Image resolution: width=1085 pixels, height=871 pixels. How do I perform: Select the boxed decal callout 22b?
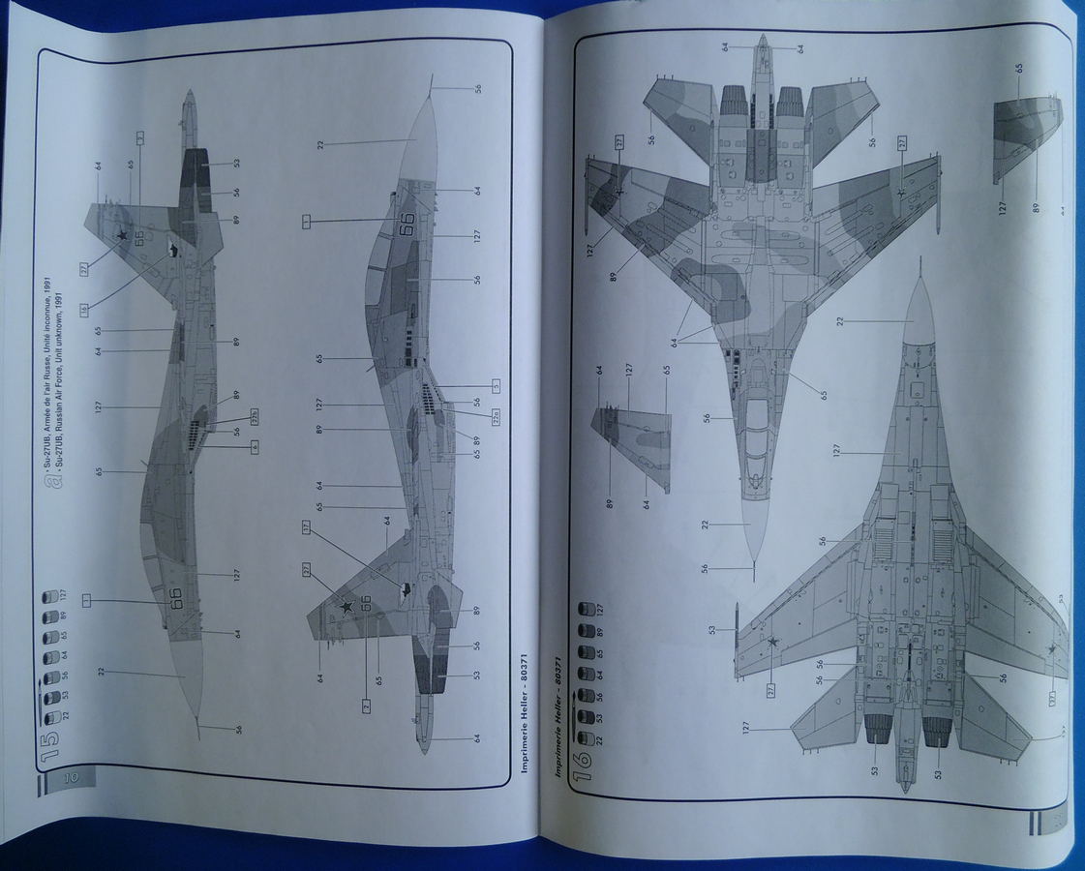tap(255, 420)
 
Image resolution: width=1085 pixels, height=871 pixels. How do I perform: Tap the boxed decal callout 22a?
tap(495, 418)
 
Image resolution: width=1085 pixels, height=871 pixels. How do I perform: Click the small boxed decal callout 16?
tap(84, 309)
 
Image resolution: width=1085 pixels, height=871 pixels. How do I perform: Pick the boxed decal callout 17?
tap(306, 528)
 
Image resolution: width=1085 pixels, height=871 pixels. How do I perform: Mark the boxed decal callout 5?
tap(495, 385)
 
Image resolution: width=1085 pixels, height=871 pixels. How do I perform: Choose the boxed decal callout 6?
tap(255, 446)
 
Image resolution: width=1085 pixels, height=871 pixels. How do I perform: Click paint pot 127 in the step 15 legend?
tap(50, 593)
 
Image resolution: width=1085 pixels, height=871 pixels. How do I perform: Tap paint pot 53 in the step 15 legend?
tap(50, 694)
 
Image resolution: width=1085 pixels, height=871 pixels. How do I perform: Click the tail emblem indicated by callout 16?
tap(173, 252)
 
